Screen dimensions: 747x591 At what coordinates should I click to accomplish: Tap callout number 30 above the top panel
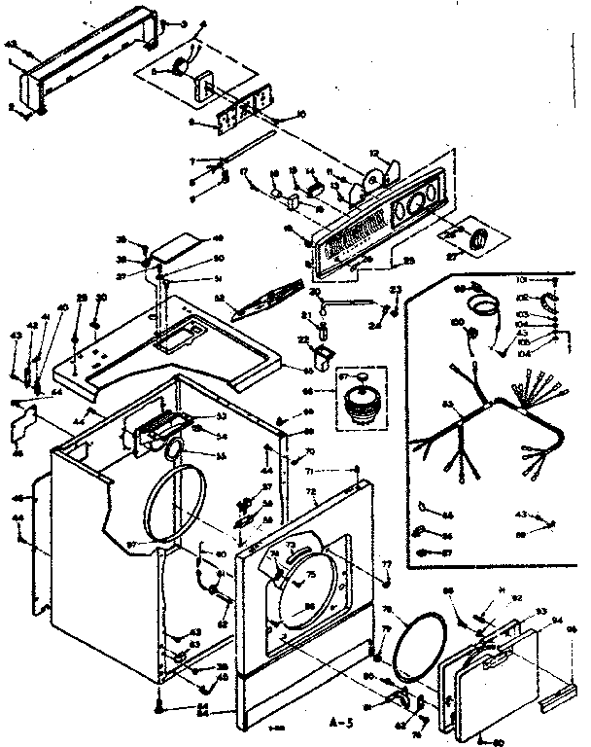pyautogui.click(x=100, y=297)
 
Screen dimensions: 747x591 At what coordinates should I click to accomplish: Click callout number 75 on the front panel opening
pyautogui.click(x=312, y=576)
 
